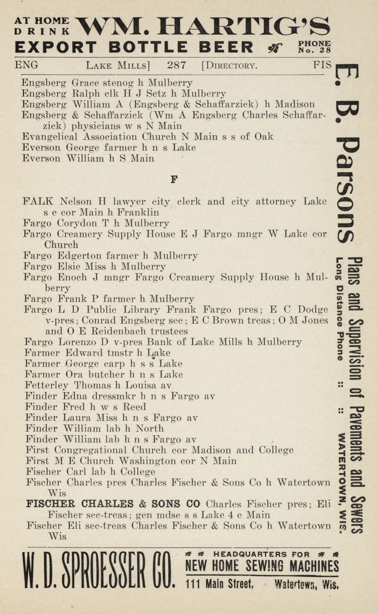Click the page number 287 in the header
coord(176,65)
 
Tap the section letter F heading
coord(174,179)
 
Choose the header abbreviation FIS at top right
coord(322,65)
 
